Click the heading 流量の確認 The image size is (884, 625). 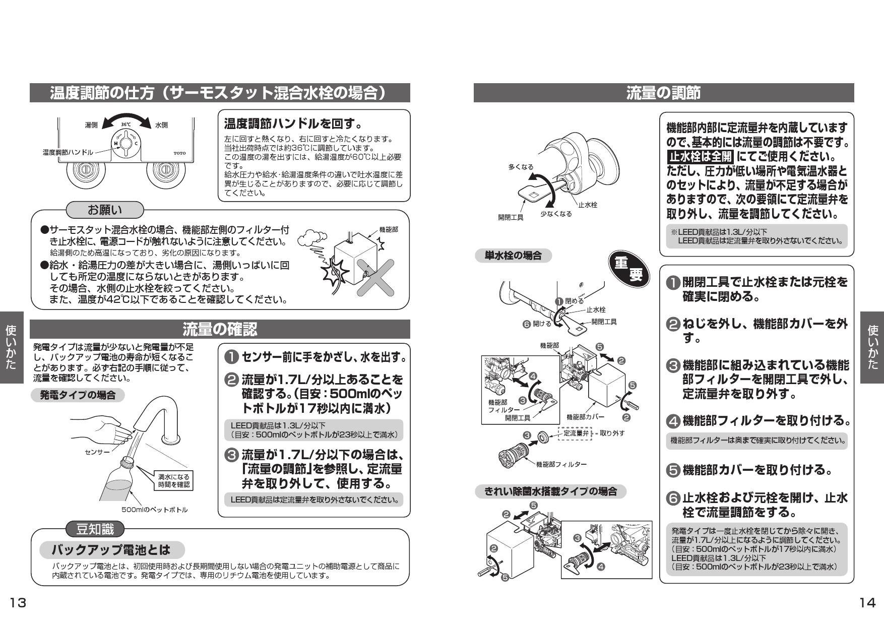coord(220,329)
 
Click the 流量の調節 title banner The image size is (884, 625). coord(663,93)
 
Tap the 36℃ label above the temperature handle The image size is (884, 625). coord(126,124)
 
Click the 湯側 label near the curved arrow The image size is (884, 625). coord(91,125)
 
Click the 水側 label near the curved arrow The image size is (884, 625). coord(161,125)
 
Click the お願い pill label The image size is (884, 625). coord(105,209)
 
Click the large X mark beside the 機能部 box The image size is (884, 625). coord(375,277)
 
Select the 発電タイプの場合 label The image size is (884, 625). coord(78,395)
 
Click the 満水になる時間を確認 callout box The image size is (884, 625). coord(174,480)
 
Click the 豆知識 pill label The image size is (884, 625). coord(95,529)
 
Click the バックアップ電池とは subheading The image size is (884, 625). coord(111,549)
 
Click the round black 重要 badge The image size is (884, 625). coord(628,269)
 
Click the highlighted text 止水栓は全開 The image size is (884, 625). coord(700,156)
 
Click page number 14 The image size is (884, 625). coord(867,602)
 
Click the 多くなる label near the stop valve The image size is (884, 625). coord(520,167)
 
